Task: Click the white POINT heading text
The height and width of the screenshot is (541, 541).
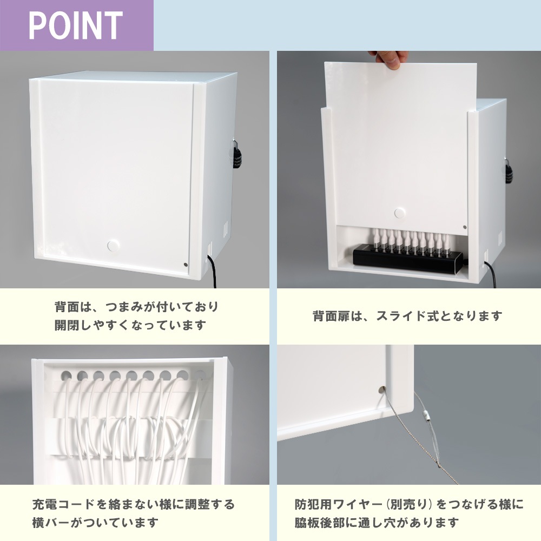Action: point(76,25)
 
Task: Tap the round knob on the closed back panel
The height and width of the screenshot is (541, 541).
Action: point(113,246)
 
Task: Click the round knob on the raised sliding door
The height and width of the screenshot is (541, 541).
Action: point(400,213)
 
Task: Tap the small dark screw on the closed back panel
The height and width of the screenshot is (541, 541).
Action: point(186,265)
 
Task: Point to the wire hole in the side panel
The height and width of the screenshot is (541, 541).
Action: point(382,390)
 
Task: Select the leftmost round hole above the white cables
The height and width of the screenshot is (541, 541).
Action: point(66,375)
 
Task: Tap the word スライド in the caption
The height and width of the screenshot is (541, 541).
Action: point(401,316)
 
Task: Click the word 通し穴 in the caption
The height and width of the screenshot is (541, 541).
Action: point(379,523)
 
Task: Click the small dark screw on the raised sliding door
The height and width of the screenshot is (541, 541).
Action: point(465,227)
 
